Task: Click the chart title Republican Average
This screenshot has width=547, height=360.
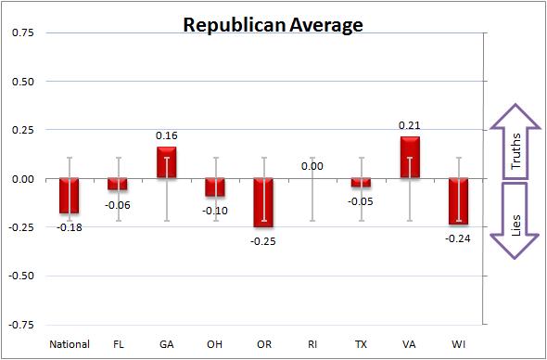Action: pos(273,25)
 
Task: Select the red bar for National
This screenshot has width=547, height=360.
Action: pos(70,196)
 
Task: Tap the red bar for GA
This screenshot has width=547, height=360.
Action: pos(167,162)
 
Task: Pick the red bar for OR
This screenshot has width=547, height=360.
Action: pos(263,202)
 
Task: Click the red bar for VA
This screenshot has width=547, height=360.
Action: pos(410,158)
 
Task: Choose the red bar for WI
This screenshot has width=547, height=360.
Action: pos(458,201)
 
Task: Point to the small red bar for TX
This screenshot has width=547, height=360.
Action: pos(361,183)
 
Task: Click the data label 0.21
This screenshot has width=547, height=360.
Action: pos(410,125)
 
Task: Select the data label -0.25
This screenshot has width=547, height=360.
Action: pos(263,241)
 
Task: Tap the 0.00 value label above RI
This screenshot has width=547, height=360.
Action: pos(312,167)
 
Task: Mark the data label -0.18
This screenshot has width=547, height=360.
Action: pos(70,227)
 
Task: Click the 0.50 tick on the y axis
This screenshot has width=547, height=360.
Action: pos(23,82)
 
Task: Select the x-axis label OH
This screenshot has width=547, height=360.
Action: pos(215,344)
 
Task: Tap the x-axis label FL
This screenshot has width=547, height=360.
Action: pos(119,344)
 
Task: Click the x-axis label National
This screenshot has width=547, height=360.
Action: pos(70,344)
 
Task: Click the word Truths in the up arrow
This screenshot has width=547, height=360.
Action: pos(515,151)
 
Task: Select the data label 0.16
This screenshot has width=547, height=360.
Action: pos(167,135)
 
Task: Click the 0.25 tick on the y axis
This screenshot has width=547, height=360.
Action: pos(23,130)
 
